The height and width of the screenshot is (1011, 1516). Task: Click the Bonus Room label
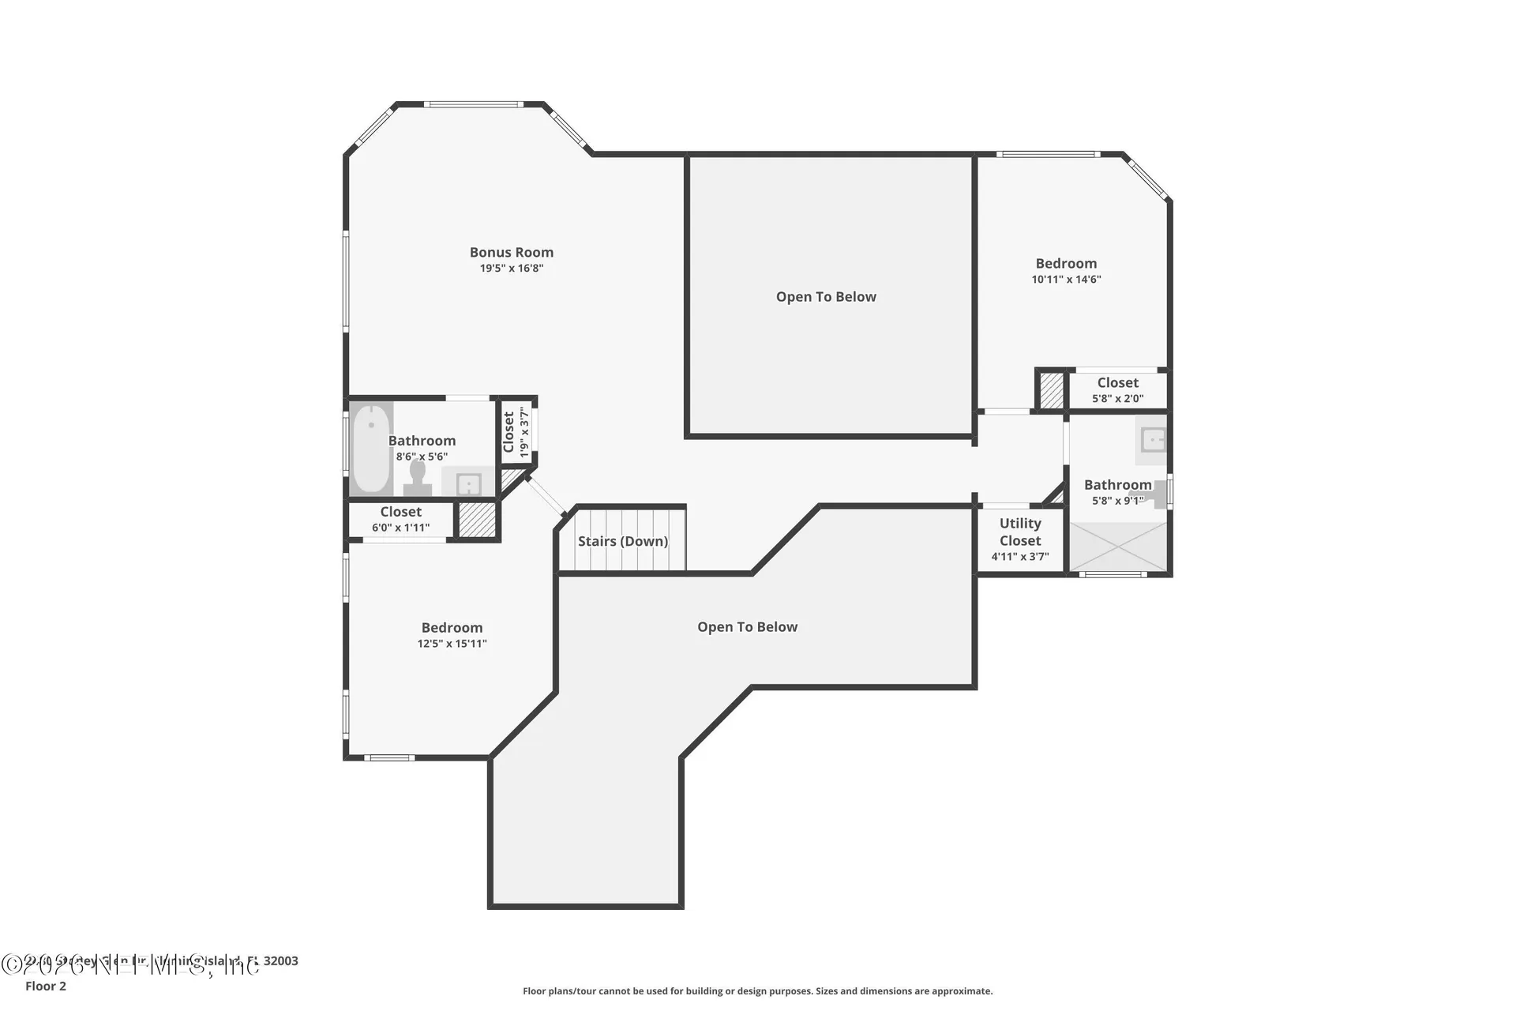(x=512, y=252)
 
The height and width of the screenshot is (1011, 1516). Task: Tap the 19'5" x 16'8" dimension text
(x=512, y=269)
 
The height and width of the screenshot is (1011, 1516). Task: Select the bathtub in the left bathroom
(x=370, y=448)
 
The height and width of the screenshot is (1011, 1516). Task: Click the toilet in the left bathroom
(x=417, y=477)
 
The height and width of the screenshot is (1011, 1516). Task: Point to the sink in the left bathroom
(x=469, y=483)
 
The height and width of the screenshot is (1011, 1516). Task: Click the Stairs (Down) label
(x=622, y=541)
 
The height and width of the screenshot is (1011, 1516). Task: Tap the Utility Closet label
(x=1020, y=532)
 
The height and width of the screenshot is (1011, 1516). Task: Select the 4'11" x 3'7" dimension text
(x=1020, y=557)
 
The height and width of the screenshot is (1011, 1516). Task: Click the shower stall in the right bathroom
(x=1117, y=547)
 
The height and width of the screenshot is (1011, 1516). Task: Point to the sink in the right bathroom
(x=1154, y=439)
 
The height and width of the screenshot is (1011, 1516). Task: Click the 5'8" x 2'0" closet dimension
(x=1117, y=399)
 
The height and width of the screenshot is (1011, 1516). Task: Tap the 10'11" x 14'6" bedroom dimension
(x=1066, y=280)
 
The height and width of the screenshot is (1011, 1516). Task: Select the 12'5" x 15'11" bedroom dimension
(x=452, y=644)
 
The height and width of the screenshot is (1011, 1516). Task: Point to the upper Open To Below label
(x=826, y=297)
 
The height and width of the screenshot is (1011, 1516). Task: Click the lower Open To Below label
(x=747, y=627)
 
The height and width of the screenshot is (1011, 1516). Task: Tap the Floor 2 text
(x=46, y=986)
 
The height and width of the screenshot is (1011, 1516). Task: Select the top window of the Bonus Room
(x=473, y=104)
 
